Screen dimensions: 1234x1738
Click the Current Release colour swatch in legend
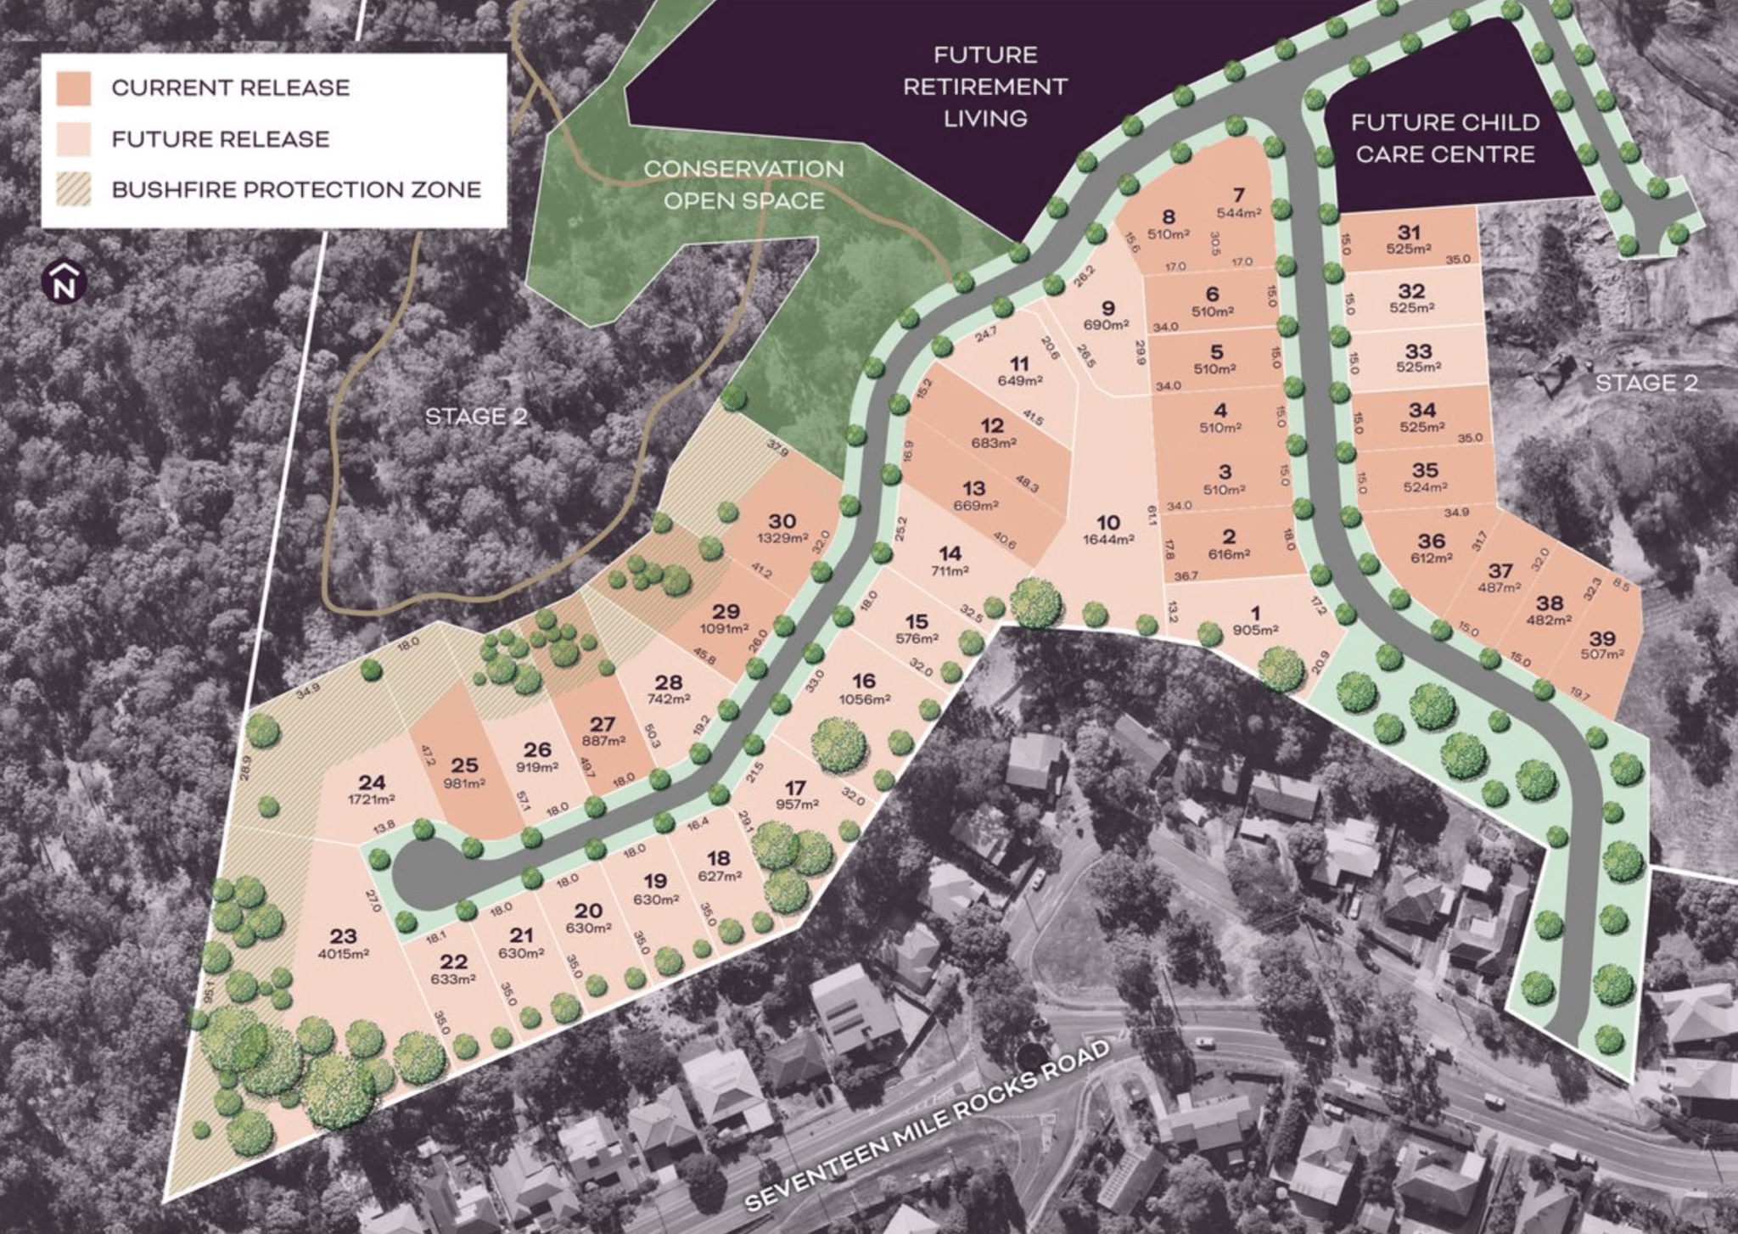(x=74, y=88)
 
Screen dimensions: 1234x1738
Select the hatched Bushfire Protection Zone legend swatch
(x=74, y=189)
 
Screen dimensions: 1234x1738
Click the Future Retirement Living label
(x=984, y=87)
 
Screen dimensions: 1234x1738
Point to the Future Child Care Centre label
(x=1445, y=138)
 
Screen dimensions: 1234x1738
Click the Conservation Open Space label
(x=743, y=184)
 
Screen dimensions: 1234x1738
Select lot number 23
(x=343, y=936)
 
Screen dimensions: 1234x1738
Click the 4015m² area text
(x=343, y=954)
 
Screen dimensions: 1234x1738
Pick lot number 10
(x=1108, y=522)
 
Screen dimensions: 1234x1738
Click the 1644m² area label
(x=1108, y=540)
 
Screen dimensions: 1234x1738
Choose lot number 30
(x=782, y=521)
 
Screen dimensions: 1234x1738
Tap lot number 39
(x=1602, y=638)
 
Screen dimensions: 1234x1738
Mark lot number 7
(x=1238, y=196)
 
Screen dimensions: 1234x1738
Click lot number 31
(x=1409, y=233)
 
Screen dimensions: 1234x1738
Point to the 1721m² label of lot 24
(x=372, y=799)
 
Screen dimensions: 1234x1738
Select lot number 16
(x=864, y=682)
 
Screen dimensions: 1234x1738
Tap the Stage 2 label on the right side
(x=1645, y=383)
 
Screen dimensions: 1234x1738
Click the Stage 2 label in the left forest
(x=475, y=417)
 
